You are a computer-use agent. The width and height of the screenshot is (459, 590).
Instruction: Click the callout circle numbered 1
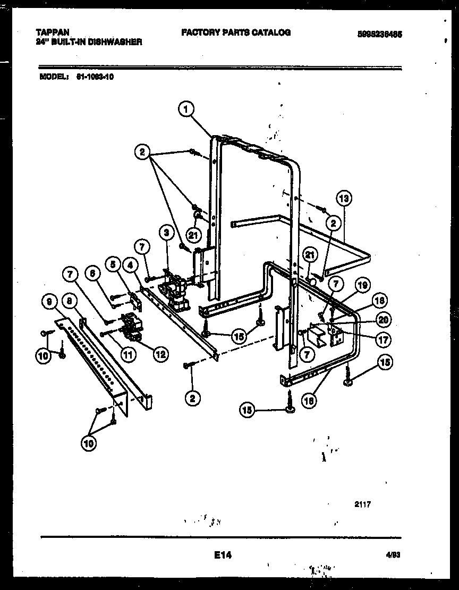[x=185, y=109]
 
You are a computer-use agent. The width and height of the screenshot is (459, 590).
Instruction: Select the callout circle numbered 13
[x=344, y=198]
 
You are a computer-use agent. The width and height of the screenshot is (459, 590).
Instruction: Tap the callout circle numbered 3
[x=167, y=232]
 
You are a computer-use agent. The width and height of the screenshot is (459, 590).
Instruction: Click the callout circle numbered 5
[x=112, y=263]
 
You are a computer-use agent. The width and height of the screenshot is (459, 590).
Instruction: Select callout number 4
[x=130, y=263]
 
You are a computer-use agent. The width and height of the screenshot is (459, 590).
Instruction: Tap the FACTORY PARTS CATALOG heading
[x=236, y=32]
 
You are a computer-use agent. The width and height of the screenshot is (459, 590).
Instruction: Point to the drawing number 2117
[x=362, y=504]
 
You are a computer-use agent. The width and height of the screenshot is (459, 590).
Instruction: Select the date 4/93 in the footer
[x=393, y=555]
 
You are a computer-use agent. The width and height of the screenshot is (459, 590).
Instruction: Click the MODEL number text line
[x=77, y=76]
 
